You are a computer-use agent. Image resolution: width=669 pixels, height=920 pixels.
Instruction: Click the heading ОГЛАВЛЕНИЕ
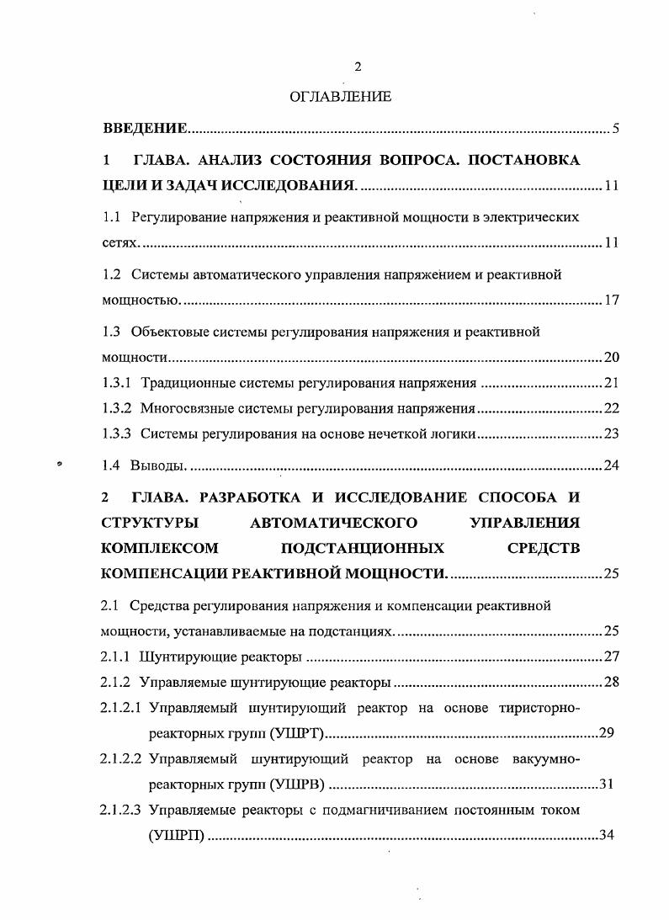click(x=340, y=98)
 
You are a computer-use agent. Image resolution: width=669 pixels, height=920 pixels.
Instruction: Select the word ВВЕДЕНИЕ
click(x=144, y=129)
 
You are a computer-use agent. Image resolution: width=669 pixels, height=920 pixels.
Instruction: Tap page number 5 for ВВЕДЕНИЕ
click(x=616, y=129)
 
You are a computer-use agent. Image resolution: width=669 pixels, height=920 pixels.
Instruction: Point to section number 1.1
click(x=112, y=216)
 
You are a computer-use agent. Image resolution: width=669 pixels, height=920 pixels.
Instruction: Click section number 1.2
click(x=112, y=274)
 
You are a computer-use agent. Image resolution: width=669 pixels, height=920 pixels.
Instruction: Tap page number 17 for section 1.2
click(x=612, y=300)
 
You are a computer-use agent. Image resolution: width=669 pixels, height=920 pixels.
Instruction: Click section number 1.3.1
click(x=117, y=384)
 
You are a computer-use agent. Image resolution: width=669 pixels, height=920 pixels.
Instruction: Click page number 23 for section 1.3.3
click(x=612, y=434)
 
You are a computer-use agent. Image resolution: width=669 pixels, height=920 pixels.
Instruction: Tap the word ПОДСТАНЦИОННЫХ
click(x=363, y=548)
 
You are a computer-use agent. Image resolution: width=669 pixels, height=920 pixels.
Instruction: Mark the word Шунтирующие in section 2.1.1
click(x=180, y=656)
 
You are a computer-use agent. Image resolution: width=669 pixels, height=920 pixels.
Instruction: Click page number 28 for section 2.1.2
click(x=612, y=682)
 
